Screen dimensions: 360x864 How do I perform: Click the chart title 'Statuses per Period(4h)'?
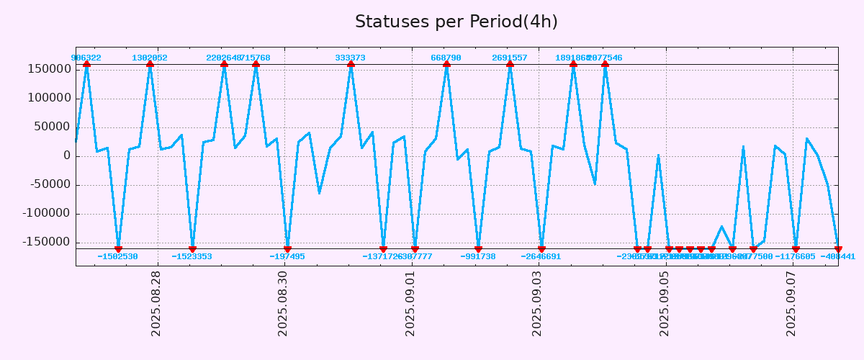pos(456,22)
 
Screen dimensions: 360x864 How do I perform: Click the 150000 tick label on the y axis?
pos(47,69)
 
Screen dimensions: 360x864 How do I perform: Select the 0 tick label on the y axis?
pos(67,156)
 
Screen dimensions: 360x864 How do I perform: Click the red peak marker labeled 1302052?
pos(150,65)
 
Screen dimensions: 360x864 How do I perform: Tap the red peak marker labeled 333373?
pos(351,65)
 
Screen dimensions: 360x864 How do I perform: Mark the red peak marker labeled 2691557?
pos(510,65)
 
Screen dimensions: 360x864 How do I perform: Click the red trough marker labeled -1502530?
pos(118,249)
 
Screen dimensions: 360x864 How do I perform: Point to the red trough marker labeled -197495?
pos(287,249)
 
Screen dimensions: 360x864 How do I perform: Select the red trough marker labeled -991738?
pos(478,249)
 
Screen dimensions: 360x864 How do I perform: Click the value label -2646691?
pos(541,256)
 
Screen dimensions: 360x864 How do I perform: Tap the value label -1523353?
pos(192,256)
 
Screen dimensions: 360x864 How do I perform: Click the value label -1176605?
pos(795,256)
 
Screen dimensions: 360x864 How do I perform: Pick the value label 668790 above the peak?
pos(446,58)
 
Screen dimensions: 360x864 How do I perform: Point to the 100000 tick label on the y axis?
pos(47,98)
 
